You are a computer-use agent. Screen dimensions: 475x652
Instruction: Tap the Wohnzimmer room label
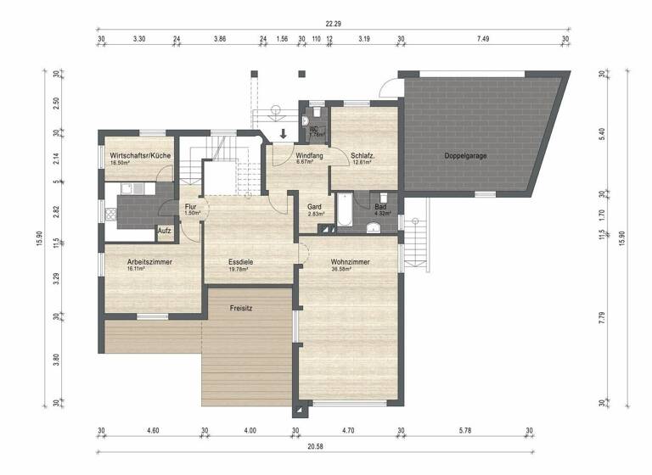pyautogui.click(x=350, y=262)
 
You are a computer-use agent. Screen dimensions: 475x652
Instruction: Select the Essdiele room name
pyautogui.click(x=241, y=262)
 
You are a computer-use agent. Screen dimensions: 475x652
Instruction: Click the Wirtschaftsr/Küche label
pyautogui.click(x=141, y=156)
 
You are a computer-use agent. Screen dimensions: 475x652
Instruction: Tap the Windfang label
pyautogui.click(x=309, y=156)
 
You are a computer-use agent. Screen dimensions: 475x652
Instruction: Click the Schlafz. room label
pyautogui.click(x=363, y=156)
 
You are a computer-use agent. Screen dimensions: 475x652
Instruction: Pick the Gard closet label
pyautogui.click(x=313, y=207)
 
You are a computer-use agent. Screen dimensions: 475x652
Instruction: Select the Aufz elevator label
pyautogui.click(x=165, y=231)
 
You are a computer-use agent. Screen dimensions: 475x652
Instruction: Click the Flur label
pyautogui.click(x=192, y=206)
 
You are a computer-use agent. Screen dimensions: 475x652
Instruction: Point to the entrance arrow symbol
pyautogui.click(x=284, y=132)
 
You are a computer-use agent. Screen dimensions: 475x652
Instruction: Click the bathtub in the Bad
pyautogui.click(x=345, y=211)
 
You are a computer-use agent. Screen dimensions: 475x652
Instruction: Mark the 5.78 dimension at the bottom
pyautogui.click(x=464, y=431)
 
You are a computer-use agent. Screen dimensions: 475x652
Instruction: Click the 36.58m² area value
pyautogui.click(x=349, y=270)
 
